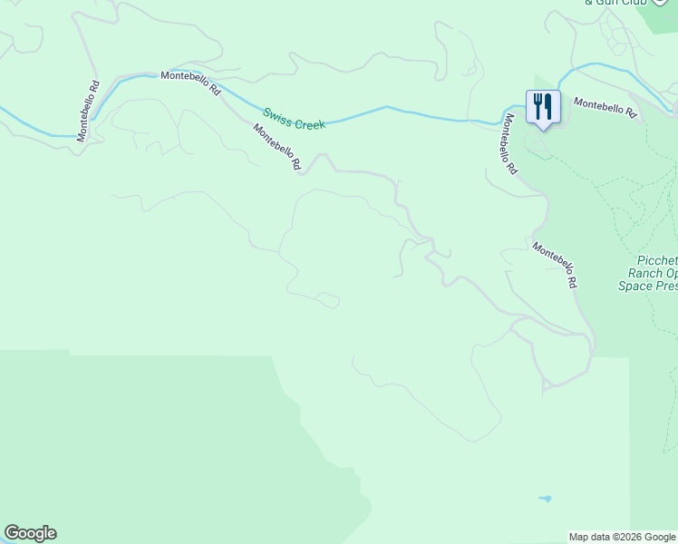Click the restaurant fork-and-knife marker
pyautogui.click(x=543, y=107)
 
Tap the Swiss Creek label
pyautogui.click(x=294, y=119)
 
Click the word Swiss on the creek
pyautogui.click(x=278, y=116)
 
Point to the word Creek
pyautogui.click(x=308, y=121)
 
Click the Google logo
pyautogui.click(x=30, y=533)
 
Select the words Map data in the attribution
pyautogui.click(x=588, y=538)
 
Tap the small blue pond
pyautogui.click(x=545, y=498)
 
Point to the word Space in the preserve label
pyautogui.click(x=635, y=286)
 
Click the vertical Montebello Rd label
pyautogui.click(x=87, y=112)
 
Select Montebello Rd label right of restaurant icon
pyautogui.click(x=605, y=109)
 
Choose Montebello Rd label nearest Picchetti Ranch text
pyautogui.click(x=555, y=265)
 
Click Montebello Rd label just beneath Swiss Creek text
pyautogui.click(x=277, y=148)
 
